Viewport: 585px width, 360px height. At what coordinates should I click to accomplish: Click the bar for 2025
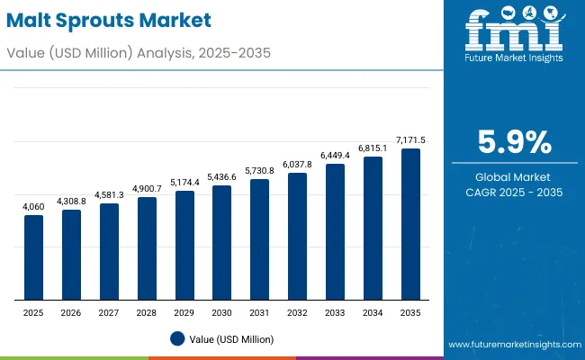pyautogui.click(x=33, y=257)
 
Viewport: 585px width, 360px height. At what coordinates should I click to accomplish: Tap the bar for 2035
pyautogui.click(x=410, y=224)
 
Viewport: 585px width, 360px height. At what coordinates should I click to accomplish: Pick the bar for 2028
pyautogui.click(x=147, y=248)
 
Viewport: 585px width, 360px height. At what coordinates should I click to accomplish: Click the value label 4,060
pyautogui.click(x=33, y=207)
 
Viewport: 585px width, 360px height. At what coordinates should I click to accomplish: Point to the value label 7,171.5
pyautogui.click(x=410, y=140)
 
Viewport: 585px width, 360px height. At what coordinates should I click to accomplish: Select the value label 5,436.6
pyautogui.click(x=221, y=177)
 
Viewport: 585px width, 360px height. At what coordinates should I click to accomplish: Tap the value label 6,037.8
pyautogui.click(x=297, y=165)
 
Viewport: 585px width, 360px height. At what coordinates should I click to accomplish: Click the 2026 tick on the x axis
pyautogui.click(x=71, y=312)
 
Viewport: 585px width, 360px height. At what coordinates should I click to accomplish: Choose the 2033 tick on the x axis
pyautogui.click(x=335, y=312)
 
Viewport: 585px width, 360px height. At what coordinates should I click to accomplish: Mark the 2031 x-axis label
pyautogui.click(x=259, y=312)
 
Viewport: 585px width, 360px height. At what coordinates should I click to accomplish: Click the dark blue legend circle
pyautogui.click(x=177, y=338)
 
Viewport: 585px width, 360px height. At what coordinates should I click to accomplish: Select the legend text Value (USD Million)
pyautogui.click(x=232, y=338)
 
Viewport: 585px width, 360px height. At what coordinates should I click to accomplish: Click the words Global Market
pyautogui.click(x=513, y=177)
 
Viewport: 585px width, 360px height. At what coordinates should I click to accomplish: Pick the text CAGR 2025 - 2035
pyautogui.click(x=513, y=193)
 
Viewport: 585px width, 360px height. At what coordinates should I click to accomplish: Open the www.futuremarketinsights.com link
pyautogui.click(x=510, y=345)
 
